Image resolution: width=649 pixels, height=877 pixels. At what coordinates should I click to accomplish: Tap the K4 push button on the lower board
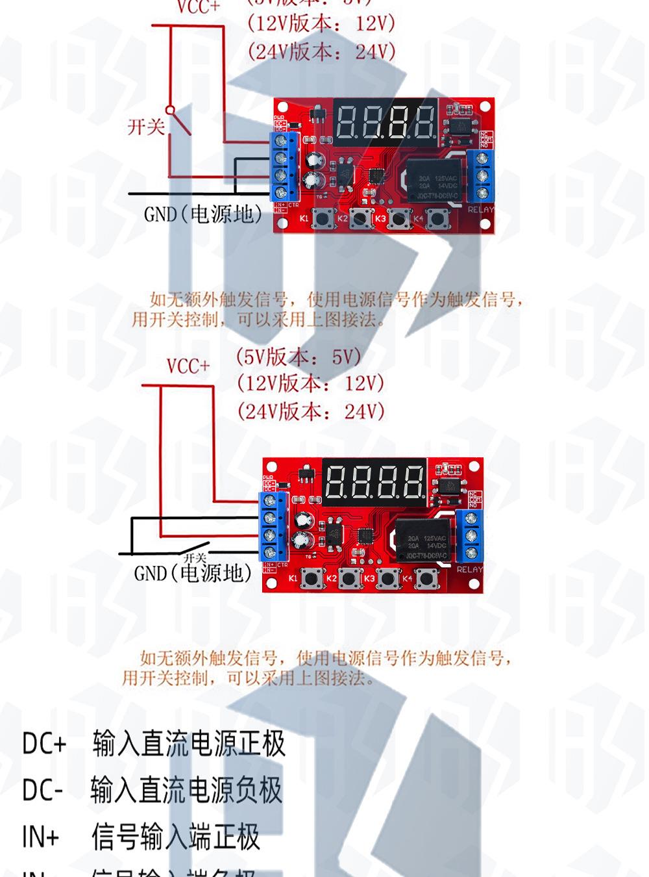pyautogui.click(x=426, y=578)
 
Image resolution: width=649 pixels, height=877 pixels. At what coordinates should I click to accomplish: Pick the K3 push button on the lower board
pyautogui.click(x=388, y=578)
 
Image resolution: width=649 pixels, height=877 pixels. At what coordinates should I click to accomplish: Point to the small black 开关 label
pyautogui.click(x=195, y=557)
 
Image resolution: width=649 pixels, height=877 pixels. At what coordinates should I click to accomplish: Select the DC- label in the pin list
pyautogui.click(x=43, y=790)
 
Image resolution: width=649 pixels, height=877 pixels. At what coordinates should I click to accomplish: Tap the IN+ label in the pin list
pyautogui.click(x=40, y=837)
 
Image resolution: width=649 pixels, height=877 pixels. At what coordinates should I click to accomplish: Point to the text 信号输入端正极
pyautogui.click(x=175, y=837)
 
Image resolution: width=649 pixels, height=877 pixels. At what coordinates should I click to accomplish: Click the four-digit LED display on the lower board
pyautogui.click(x=374, y=482)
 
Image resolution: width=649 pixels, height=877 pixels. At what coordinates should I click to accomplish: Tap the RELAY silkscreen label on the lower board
pyautogui.click(x=470, y=570)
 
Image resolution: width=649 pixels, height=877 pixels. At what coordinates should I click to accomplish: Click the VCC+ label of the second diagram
pyautogui.click(x=188, y=366)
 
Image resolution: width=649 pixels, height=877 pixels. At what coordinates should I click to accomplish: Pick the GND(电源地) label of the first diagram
pyautogui.click(x=203, y=214)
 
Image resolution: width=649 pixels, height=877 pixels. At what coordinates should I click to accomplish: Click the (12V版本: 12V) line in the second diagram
pyautogui.click(x=310, y=383)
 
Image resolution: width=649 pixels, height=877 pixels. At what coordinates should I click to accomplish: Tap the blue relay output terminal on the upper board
pyautogui.click(x=482, y=175)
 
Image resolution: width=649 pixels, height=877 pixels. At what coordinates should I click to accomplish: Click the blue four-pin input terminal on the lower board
pyautogui.click(x=273, y=526)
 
